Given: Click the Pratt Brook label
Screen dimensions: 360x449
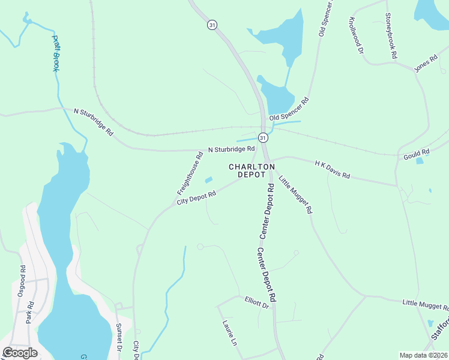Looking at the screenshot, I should (55, 53).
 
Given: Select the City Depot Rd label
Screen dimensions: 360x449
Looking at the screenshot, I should (196, 197).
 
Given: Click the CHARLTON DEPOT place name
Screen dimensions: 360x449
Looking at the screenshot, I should (252, 170).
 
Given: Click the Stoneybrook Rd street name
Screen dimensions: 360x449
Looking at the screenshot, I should (391, 35).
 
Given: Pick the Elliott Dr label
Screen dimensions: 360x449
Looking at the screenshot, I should (257, 302).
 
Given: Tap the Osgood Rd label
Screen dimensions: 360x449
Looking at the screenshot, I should (21, 281).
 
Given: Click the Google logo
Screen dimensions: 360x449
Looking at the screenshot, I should (20, 353).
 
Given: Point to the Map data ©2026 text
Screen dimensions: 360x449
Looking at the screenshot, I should (423, 355).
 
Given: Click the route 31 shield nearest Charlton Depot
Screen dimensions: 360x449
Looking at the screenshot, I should (264, 137).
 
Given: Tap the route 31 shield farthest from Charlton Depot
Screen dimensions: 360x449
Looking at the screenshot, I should (211, 25).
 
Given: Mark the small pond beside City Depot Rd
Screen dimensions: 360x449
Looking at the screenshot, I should (209, 179).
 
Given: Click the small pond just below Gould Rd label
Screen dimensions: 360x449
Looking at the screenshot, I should (420, 161).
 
